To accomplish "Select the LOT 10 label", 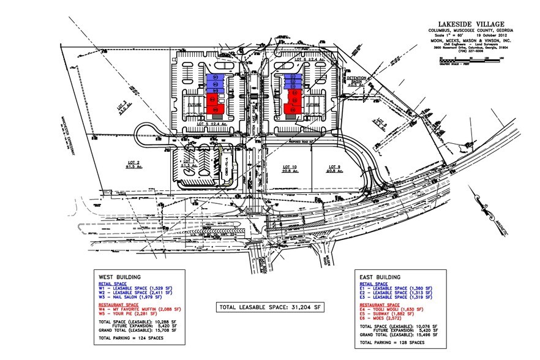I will [290, 169].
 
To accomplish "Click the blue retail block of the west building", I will [214, 83].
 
